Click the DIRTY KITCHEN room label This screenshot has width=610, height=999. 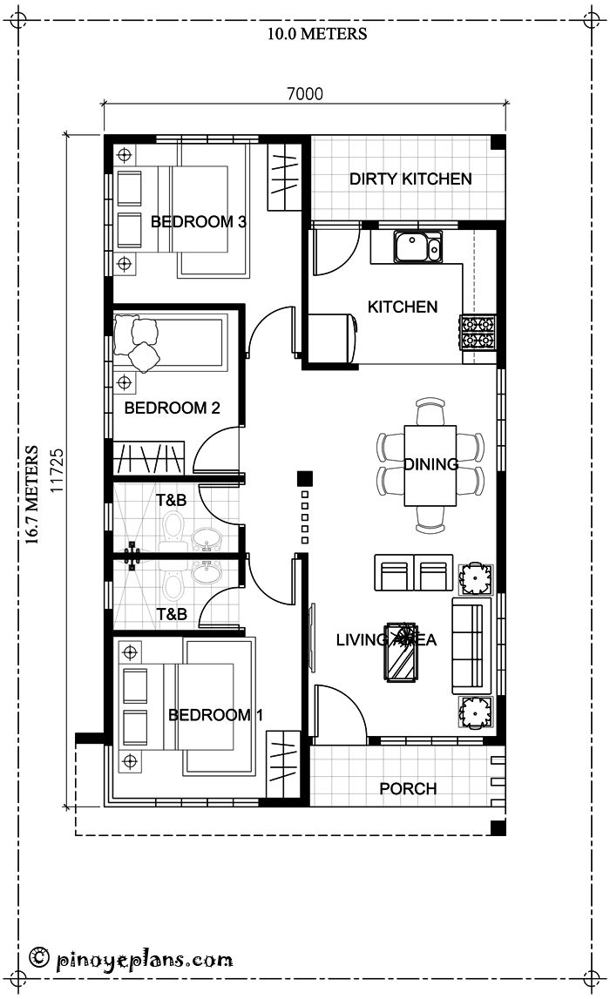coord(410,179)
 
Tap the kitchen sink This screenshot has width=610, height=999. coord(415,246)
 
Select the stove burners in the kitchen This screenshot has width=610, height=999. coord(477,330)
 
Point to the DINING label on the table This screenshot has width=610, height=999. coord(430,464)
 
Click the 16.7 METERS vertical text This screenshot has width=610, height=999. coord(32,495)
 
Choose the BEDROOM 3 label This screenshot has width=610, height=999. coord(198,221)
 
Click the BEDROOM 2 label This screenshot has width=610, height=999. coord(172,408)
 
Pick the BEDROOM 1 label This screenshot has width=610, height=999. coord(215,715)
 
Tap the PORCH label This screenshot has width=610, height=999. coord(408,788)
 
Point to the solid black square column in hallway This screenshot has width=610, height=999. coord(303,477)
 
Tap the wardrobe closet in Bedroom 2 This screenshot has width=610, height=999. coord(150,457)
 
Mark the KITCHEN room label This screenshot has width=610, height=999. coord(402,307)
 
